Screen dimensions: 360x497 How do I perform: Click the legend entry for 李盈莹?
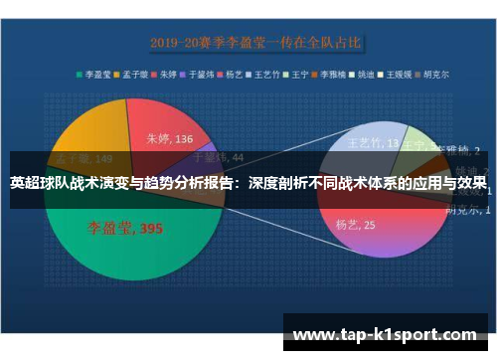96,74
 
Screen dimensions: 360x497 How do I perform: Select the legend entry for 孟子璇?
134,74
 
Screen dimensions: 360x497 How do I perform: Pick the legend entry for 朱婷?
170,74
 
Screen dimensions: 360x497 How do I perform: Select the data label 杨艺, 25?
356,226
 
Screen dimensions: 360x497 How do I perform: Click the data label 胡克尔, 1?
467,210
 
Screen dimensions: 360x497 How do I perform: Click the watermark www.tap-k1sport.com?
388,335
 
